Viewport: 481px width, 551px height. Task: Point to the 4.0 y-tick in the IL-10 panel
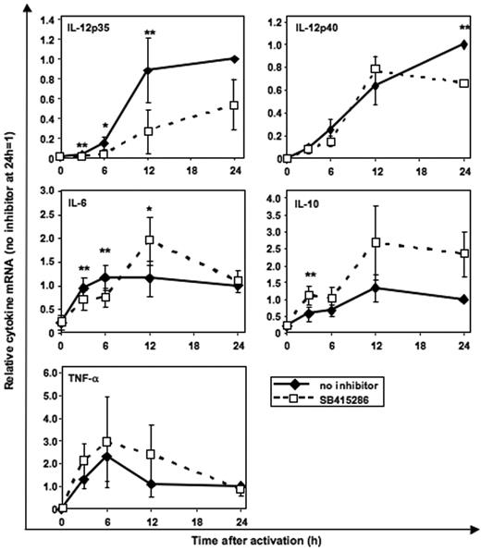coord(275,197)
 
